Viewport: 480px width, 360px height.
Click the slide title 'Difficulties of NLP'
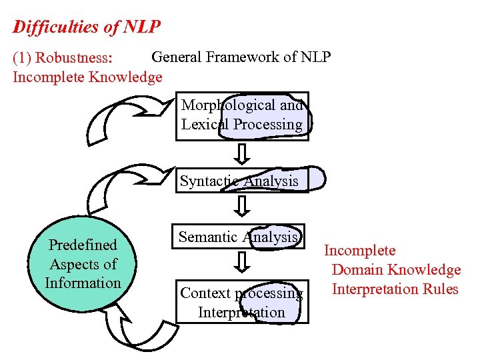87,27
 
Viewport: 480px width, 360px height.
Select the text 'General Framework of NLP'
241,57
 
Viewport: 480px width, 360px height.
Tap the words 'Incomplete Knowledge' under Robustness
87,77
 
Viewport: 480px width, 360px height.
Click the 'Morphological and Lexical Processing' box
242,115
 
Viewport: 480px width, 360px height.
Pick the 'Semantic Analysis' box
239,237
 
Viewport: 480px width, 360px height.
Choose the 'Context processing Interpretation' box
241,303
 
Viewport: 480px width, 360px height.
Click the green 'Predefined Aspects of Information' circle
83,264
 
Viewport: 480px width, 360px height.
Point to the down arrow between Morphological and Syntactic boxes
243,153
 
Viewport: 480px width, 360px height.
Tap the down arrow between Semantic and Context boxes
243,261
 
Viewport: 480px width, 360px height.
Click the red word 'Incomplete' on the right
359,251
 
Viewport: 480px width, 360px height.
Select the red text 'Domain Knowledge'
396,270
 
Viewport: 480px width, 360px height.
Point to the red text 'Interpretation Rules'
395,289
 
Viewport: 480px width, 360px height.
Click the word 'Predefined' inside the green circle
83,245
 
